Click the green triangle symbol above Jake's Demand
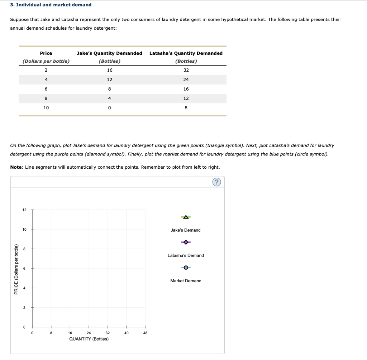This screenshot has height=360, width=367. (186, 217)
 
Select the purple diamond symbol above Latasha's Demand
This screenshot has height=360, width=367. (186, 242)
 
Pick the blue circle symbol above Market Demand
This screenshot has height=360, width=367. (186, 268)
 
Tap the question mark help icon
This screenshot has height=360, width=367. (216, 182)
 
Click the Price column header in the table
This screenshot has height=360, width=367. (46, 53)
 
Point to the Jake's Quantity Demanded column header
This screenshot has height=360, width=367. (109, 53)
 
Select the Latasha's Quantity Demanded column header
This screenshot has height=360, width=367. (186, 53)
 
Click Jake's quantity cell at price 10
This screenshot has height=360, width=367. (109, 107)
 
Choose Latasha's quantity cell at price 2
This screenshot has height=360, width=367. (186, 70)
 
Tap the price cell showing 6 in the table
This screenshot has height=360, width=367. (46, 89)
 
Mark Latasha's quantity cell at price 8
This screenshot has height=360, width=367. (186, 98)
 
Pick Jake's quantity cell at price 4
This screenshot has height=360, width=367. (109, 80)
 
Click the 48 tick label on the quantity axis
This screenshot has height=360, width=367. (145, 333)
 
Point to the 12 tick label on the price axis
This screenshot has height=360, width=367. (24, 210)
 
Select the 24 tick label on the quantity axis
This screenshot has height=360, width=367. (89, 333)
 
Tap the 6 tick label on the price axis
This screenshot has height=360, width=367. (24, 268)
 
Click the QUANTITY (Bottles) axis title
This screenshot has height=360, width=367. (89, 339)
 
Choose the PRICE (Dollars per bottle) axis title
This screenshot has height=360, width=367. (16, 269)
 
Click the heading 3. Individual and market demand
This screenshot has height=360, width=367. (51, 5)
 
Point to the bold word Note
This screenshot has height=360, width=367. (16, 167)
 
